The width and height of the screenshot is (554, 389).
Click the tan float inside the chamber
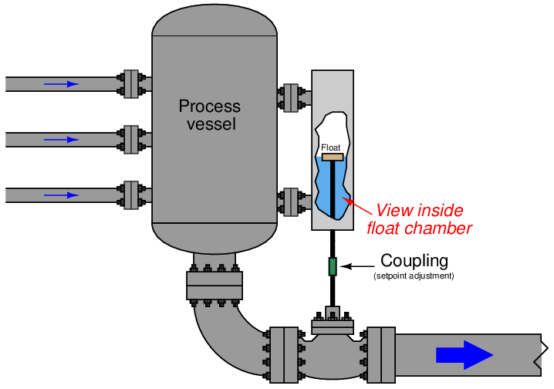click(x=333, y=157)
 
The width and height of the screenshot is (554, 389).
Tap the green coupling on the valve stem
click(x=333, y=266)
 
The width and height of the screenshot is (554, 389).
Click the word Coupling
click(x=414, y=261)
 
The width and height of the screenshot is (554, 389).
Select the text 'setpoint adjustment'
click(x=414, y=276)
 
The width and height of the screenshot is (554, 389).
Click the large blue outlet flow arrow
click(x=464, y=354)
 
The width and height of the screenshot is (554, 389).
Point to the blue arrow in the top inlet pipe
click(x=61, y=83)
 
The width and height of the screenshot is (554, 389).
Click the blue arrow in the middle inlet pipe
click(x=61, y=140)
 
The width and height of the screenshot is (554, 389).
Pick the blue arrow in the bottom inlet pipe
click(x=61, y=195)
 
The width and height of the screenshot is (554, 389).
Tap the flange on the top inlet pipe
click(x=131, y=83)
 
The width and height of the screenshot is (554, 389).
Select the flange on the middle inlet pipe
click(x=131, y=140)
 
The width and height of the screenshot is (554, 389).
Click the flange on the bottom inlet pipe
click(x=131, y=195)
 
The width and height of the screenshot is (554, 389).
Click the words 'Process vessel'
click(x=209, y=115)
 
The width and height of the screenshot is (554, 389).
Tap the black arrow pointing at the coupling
click(x=357, y=266)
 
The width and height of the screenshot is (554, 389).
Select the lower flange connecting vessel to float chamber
click(x=291, y=201)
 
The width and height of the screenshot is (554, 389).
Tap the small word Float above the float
click(x=330, y=147)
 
